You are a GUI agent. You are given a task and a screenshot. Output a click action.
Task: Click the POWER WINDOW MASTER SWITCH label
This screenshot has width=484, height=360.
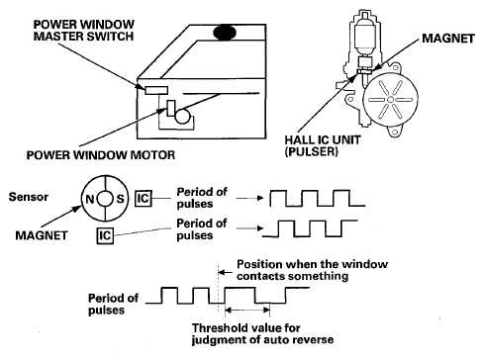tap(84, 31)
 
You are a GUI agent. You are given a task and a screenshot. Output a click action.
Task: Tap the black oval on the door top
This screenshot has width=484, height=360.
tap(225, 33)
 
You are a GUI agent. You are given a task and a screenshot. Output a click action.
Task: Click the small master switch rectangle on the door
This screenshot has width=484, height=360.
tap(156, 90)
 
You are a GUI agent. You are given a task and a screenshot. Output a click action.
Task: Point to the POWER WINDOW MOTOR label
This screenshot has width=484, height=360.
tap(101, 155)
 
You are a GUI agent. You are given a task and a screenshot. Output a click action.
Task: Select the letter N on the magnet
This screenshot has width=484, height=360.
tap(90, 199)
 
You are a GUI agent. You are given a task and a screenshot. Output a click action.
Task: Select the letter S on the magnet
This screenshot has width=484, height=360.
tap(120, 199)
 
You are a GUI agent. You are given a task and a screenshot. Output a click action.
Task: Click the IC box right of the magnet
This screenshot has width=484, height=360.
tap(144, 199)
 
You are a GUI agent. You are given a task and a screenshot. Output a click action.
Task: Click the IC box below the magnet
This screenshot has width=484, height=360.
tap(105, 235)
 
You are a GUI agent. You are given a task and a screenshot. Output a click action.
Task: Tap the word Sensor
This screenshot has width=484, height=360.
tap(29, 197)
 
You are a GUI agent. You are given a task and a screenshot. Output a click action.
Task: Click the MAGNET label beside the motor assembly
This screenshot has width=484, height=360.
tap(448, 39)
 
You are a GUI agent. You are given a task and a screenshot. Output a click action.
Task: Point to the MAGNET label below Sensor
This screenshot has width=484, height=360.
tap(42, 235)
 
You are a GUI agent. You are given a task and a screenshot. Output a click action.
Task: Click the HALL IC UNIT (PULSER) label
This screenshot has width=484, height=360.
tap(323, 145)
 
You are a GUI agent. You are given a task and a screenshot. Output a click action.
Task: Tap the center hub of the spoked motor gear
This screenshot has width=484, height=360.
tap(390, 100)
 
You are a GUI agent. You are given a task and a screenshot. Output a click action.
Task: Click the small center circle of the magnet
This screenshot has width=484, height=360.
tap(105, 199)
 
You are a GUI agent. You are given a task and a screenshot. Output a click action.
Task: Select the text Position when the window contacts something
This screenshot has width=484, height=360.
tap(312, 270)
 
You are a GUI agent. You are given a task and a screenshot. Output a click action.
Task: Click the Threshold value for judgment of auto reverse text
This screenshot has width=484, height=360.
tap(262, 333)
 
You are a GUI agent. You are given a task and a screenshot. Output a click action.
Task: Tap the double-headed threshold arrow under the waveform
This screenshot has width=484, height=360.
tap(247, 310)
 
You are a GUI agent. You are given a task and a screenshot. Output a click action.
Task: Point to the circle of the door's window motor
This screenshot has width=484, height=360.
tap(182, 116)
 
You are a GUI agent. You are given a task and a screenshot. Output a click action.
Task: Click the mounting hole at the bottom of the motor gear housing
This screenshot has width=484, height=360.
tap(394, 132)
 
